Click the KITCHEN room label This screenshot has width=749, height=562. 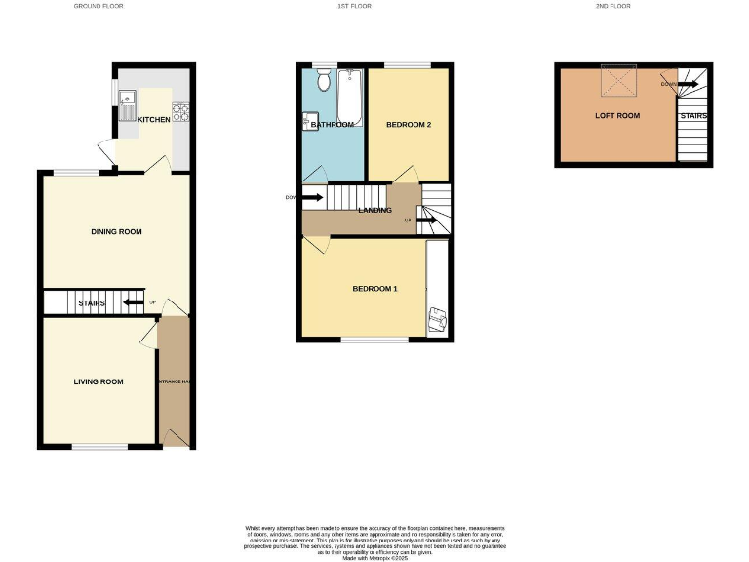tap(153, 119)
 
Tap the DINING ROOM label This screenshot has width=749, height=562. tap(116, 232)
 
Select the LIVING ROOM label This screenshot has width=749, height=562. tap(99, 381)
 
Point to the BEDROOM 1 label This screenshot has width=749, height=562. tap(374, 289)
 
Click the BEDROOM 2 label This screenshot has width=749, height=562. tap(408, 125)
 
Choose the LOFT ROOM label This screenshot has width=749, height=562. tap(617, 115)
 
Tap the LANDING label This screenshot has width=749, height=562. tap(374, 210)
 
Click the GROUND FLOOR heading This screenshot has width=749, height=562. tap(99, 6)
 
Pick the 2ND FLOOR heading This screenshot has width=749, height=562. tap(614, 6)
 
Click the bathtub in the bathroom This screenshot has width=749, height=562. tap(350, 98)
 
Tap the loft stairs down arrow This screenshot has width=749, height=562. tap(686, 85)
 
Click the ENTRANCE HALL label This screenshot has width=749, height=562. tap(174, 381)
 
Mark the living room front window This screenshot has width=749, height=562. tap(99, 448)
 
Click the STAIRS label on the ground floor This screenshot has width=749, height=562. tap(92, 303)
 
